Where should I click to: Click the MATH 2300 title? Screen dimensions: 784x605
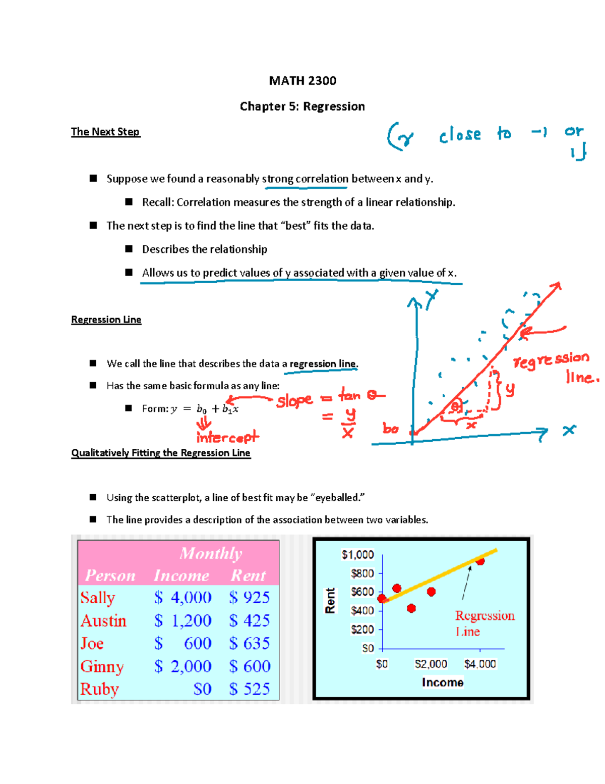tap(302, 81)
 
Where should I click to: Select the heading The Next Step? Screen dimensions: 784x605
tap(105, 132)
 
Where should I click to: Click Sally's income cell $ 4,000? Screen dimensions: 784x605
tap(183, 598)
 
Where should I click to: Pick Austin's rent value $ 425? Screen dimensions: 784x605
tap(250, 620)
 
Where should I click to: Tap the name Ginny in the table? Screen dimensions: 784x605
tap(102, 666)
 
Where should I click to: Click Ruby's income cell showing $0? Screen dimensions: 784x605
tap(202, 689)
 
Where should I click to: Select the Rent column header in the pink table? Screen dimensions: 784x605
tap(248, 576)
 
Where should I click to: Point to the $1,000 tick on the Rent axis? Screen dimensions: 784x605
tap(358, 555)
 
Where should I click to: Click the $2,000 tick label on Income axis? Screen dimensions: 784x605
tap(431, 664)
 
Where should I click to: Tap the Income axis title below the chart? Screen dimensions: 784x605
tap(443, 683)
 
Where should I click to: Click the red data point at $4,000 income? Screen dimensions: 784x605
tap(480, 560)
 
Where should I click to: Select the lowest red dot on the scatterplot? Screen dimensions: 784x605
tap(411, 608)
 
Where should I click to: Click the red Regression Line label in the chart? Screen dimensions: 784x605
tap(484, 623)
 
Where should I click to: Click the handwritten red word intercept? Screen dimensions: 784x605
tap(227, 437)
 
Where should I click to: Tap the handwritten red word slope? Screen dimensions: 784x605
tap(294, 401)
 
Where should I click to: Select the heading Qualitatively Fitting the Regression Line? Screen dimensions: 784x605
tap(161, 453)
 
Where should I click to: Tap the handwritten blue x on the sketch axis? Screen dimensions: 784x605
tap(569, 430)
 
